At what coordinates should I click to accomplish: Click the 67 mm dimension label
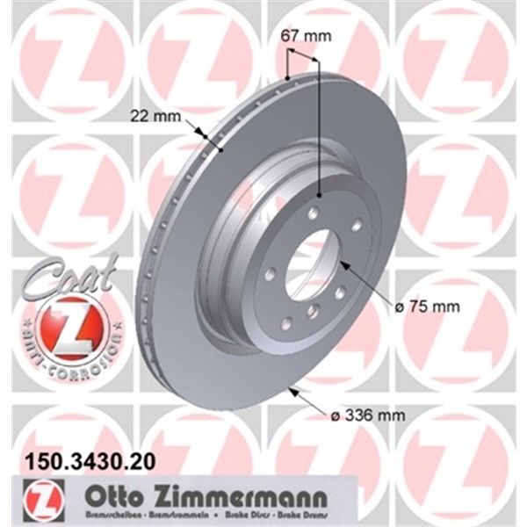pos(303,37)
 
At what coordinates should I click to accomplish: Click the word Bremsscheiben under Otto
pos(107,512)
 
